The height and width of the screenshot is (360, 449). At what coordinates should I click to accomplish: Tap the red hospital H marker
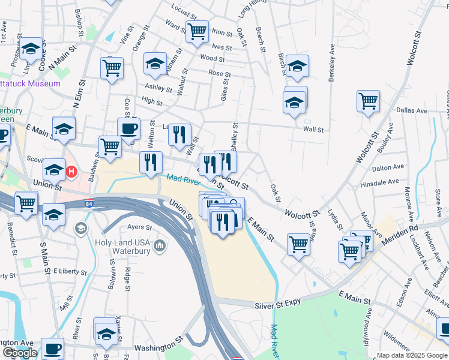(x=71, y=172)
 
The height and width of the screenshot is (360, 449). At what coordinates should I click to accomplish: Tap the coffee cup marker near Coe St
(x=128, y=128)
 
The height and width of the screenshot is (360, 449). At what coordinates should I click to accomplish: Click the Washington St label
(x=158, y=346)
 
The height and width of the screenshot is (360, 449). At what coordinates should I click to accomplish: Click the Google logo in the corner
(x=20, y=353)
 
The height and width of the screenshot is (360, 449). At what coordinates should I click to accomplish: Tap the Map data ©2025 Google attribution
(x=412, y=355)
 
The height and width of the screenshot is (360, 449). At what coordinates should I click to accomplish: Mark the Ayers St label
(x=140, y=227)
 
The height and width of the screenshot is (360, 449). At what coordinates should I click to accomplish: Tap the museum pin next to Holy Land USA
(x=160, y=245)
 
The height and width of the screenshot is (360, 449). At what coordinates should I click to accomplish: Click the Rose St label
(x=215, y=73)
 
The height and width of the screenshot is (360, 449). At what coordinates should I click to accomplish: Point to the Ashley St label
(x=159, y=87)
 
